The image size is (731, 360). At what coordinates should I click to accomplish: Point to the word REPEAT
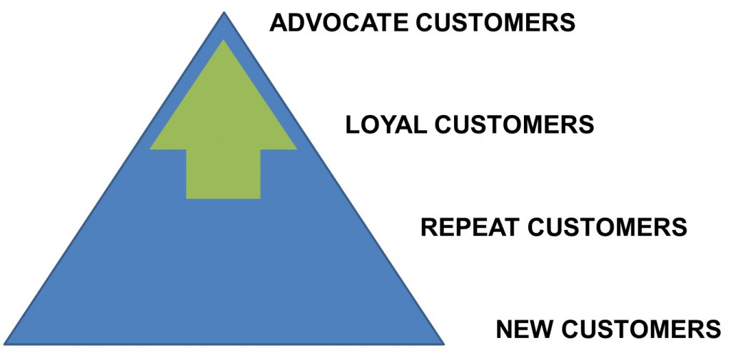471,227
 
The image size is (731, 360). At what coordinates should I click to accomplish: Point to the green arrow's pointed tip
223,41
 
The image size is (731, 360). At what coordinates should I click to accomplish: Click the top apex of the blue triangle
223,13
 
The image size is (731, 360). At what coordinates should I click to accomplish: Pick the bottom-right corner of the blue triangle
443,344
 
